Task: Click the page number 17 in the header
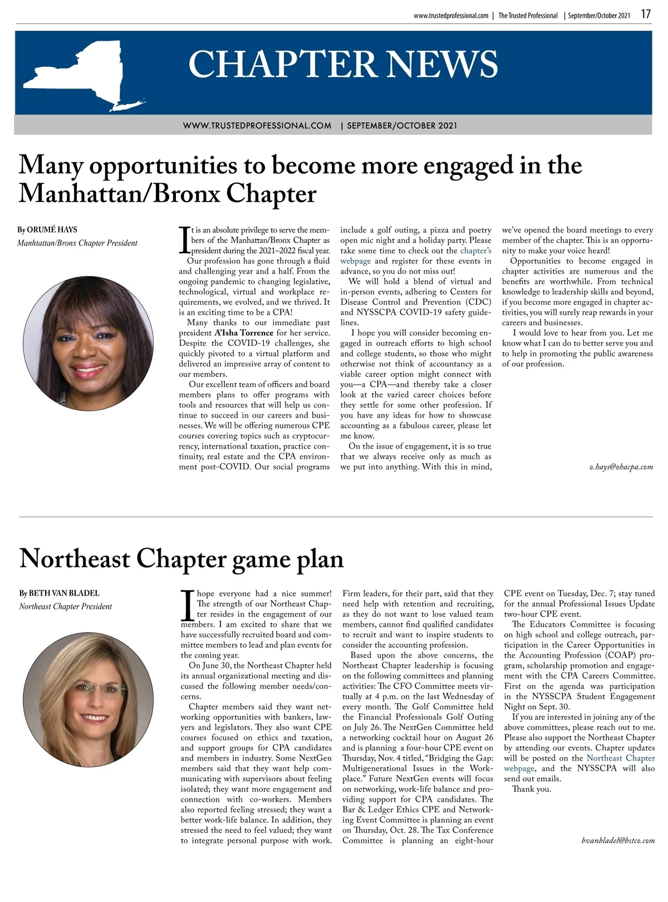[645, 14]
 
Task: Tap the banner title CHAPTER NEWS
[343, 64]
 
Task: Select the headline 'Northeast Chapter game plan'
[181, 559]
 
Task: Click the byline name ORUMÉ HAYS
[52, 230]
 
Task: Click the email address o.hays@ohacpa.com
[621, 467]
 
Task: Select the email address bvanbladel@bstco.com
[618, 840]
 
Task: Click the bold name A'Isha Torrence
[244, 333]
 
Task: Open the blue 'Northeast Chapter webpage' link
[620, 758]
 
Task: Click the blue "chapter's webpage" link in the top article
[475, 251]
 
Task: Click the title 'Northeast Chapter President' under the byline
[65, 607]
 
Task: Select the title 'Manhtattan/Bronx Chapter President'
[77, 243]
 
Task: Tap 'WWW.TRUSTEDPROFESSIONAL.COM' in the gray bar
[257, 125]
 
